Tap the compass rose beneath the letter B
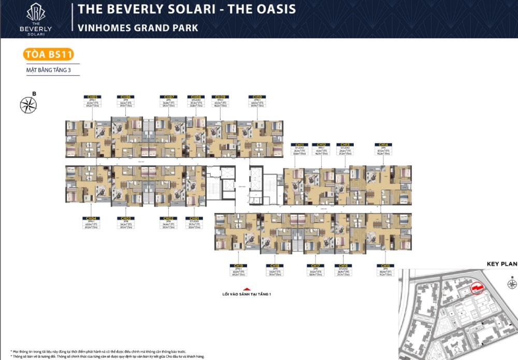pos(28,105)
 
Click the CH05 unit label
pos(92,97)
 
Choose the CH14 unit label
pos(383,145)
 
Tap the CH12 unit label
pos(321,145)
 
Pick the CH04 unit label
pos(92,219)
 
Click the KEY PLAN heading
pos(501,264)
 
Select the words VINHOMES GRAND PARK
pos(138,27)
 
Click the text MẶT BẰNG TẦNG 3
pos(48,70)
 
